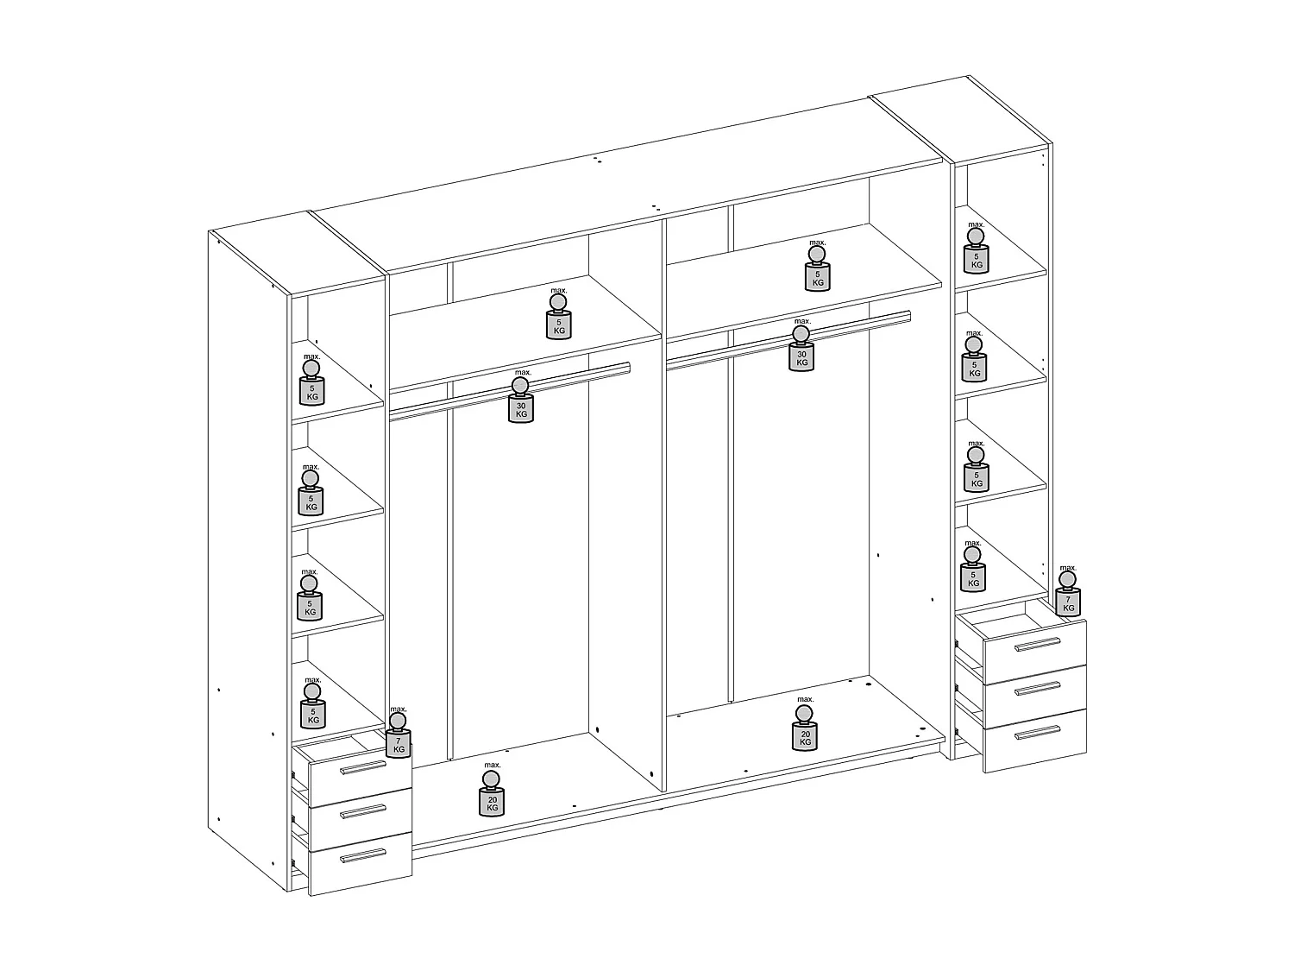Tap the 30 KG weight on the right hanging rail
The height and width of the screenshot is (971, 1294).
tap(801, 355)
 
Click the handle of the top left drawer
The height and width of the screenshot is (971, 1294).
tap(362, 767)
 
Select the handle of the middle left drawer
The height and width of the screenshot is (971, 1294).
tap(362, 811)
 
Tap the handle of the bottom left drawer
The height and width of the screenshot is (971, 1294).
tap(362, 854)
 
